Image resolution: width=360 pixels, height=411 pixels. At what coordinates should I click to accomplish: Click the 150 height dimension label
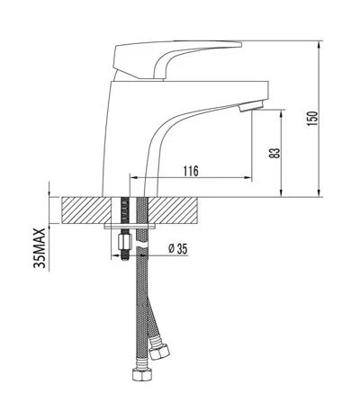[312, 118]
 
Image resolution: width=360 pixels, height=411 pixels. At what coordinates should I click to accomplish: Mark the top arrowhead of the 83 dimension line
[282, 112]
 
